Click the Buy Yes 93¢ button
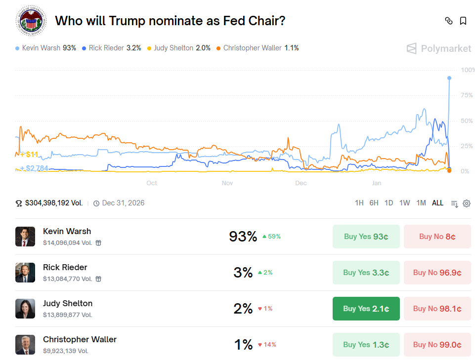click(366, 237)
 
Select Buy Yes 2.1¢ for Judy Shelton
click(366, 309)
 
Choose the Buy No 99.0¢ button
click(437, 345)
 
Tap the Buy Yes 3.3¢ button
click(366, 273)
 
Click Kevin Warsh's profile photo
click(25, 237)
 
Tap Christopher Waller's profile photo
click(25, 345)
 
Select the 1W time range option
click(404, 203)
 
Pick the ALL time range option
click(437, 203)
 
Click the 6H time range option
click(374, 203)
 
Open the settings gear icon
click(467, 203)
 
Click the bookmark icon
click(463, 21)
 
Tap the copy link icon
click(449, 21)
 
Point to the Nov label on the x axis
click(227, 183)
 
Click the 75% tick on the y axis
click(467, 95)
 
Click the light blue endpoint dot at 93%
click(449, 78)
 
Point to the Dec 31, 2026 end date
click(123, 203)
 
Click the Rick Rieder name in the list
click(65, 267)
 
